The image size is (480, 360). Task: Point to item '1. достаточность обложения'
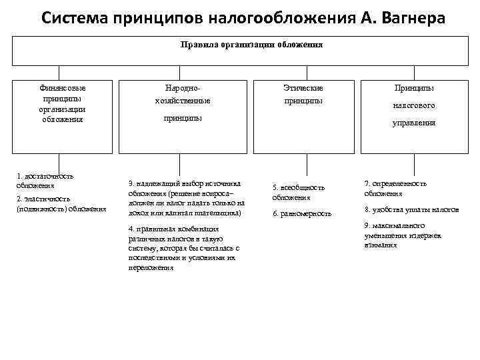click(45, 181)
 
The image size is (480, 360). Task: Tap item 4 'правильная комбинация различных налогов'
click(183, 248)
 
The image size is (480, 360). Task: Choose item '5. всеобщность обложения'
click(298, 192)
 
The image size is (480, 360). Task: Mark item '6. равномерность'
click(302, 213)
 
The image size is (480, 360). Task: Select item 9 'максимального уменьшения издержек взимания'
click(403, 235)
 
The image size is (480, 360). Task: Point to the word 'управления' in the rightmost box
click(414, 123)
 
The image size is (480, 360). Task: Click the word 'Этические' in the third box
click(303, 88)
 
